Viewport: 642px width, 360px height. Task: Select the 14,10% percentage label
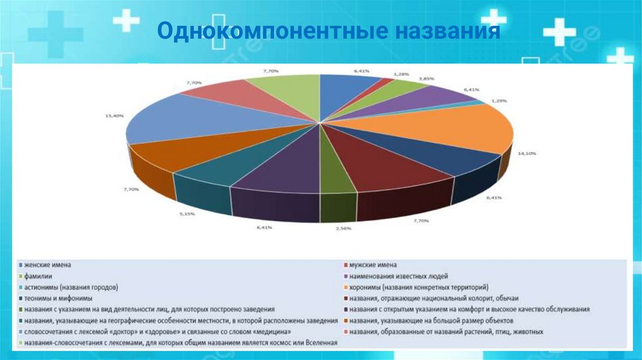525,153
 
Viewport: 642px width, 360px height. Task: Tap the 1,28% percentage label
401,74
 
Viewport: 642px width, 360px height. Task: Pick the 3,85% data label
426,79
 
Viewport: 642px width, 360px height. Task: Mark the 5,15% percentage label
187,214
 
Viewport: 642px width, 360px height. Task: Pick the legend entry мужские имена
372,265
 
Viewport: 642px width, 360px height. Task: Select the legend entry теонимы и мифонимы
58,299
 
